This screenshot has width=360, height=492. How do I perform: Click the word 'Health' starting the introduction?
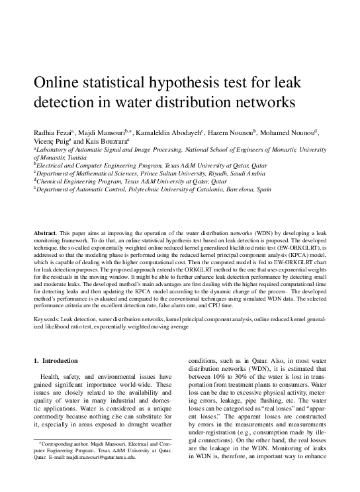(x=52, y=377)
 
